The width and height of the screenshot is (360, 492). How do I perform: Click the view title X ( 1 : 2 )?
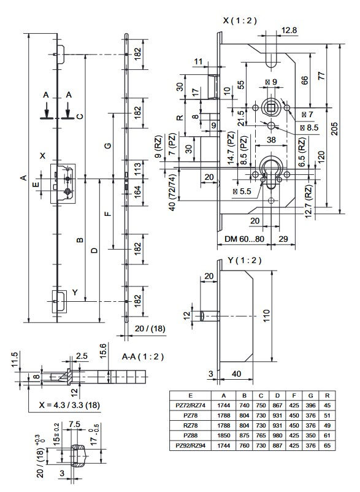[240, 21]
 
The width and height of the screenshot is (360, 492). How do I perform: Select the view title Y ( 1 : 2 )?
[244, 260]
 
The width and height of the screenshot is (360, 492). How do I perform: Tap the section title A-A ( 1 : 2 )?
[143, 357]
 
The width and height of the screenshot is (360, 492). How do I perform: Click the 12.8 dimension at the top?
[288, 31]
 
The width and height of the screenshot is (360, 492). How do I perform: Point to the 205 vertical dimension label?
[334, 129]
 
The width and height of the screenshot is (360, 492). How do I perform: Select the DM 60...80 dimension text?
[244, 239]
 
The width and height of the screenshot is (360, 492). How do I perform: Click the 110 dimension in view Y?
[266, 317]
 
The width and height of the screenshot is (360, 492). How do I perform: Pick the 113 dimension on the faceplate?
[137, 169]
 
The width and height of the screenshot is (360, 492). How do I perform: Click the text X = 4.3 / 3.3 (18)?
[69, 405]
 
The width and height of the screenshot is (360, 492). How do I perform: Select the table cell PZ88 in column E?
[190, 436]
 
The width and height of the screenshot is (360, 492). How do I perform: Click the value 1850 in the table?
[224, 436]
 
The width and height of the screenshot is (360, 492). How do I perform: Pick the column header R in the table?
[327, 396]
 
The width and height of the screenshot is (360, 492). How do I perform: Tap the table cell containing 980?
[277, 436]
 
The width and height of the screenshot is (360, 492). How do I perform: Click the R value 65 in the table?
[327, 445]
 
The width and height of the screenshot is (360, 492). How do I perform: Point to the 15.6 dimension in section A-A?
[104, 350]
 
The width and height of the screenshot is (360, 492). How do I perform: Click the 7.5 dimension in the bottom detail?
[74, 425]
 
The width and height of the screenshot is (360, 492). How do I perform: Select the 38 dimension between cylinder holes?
[271, 139]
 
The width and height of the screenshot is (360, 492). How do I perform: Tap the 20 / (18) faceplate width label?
[150, 329]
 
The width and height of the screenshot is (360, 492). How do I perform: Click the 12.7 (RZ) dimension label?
[308, 201]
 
